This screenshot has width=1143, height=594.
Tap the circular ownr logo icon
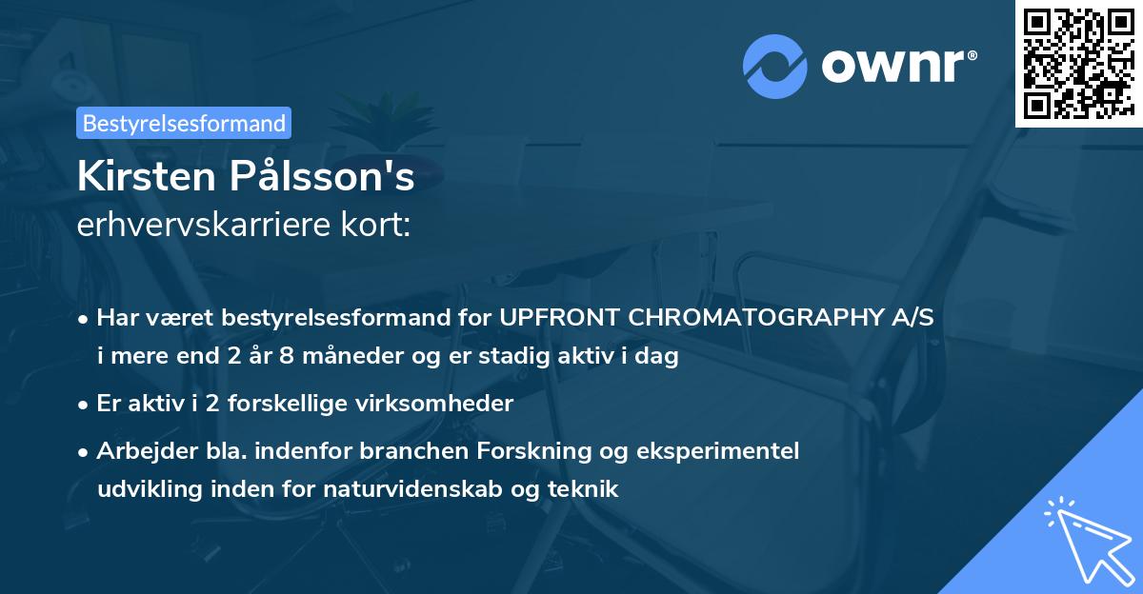click(775, 67)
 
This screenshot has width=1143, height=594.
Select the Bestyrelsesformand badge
click(184, 123)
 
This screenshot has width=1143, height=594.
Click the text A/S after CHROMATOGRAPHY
click(912, 318)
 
